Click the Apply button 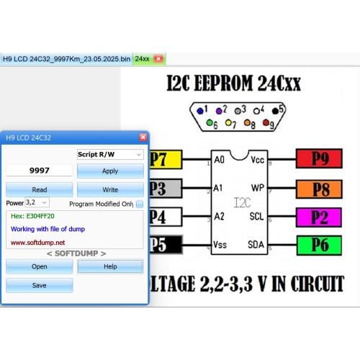[110, 171]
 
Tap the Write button [110, 189]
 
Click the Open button [40, 266]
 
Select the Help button [110, 266]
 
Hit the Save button [40, 285]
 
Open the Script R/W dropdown [110, 154]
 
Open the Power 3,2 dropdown [37, 202]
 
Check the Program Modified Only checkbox [140, 204]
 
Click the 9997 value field [40, 171]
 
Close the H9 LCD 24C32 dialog [143, 137]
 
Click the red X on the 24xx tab [158, 59]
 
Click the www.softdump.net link [38, 243]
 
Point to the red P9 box [319, 158]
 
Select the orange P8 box [319, 189]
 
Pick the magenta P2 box [319, 217]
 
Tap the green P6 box [319, 246]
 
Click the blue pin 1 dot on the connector [200, 111]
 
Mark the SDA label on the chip [256, 245]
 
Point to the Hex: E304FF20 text [32, 216]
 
